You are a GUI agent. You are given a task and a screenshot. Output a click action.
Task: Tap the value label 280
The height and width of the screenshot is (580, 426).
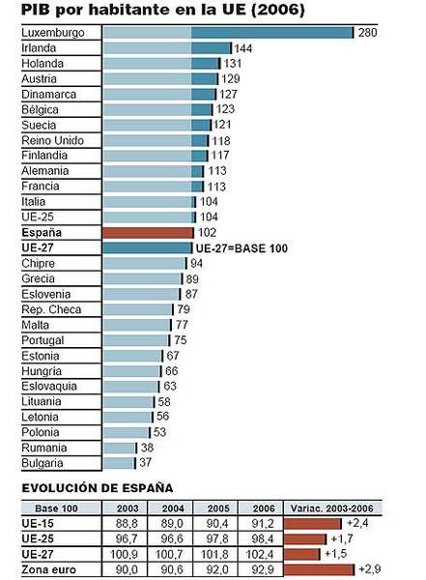point(368,33)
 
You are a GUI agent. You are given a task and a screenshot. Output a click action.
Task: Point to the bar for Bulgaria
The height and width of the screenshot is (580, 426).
point(120,463)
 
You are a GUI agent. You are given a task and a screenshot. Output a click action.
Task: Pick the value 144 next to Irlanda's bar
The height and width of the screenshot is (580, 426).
point(243,48)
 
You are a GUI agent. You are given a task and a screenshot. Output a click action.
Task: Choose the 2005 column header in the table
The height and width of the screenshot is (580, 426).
point(218,507)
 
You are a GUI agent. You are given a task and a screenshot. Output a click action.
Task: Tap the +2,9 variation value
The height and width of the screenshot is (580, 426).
point(371,570)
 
